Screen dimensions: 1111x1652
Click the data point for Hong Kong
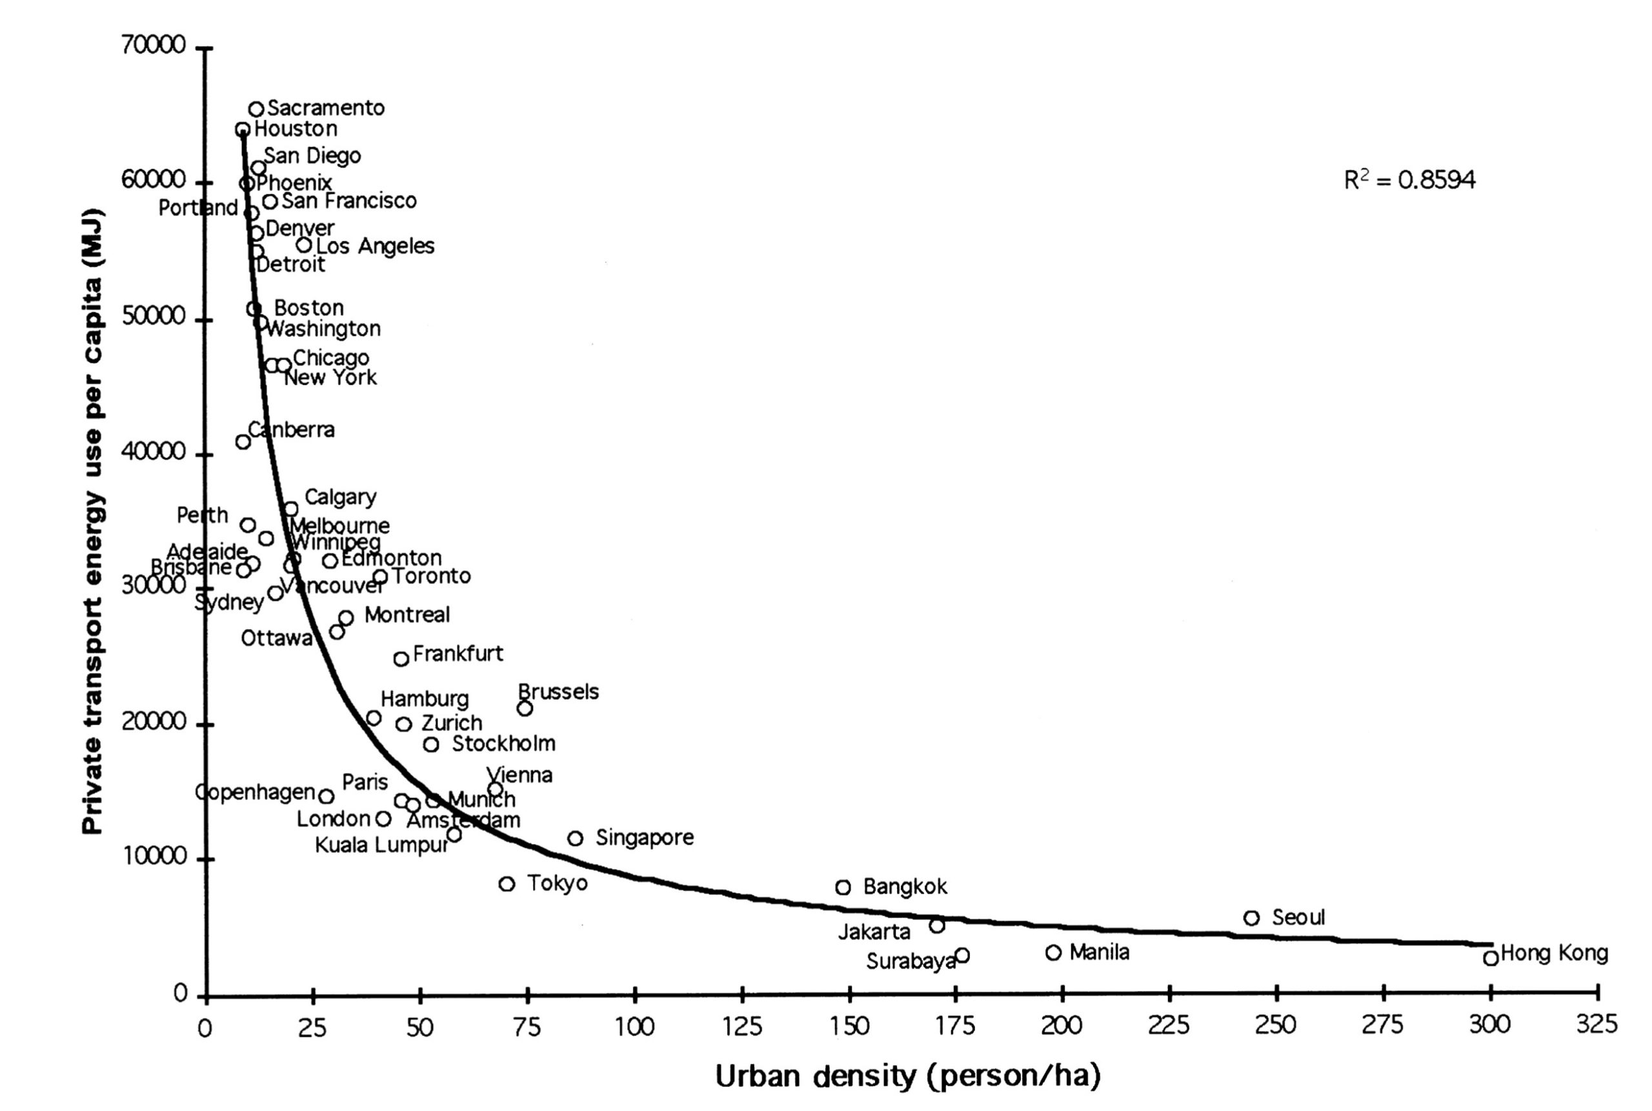click(x=1491, y=958)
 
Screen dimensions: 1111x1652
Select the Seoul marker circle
click(x=1251, y=918)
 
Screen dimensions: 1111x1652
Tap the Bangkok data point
click(x=843, y=887)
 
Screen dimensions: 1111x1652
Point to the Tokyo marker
click(x=506, y=883)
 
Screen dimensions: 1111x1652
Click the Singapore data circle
click(x=576, y=838)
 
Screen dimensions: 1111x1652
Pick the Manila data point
click(x=1053, y=952)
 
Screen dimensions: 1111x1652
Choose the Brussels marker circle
click(x=525, y=708)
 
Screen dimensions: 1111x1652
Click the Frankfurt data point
click(x=401, y=659)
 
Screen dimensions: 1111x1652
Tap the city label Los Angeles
click(x=375, y=246)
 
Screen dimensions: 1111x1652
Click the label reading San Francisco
click(x=348, y=201)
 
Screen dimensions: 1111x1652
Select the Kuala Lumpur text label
click(x=381, y=845)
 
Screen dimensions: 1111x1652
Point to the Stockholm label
click(x=503, y=743)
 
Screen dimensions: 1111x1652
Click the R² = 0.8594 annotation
click(x=1409, y=180)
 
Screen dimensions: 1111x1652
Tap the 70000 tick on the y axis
click(x=153, y=45)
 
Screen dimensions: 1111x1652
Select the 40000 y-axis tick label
click(x=153, y=452)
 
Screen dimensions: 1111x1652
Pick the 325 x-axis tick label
click(x=1597, y=1025)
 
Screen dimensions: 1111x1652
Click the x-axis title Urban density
click(x=907, y=1076)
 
